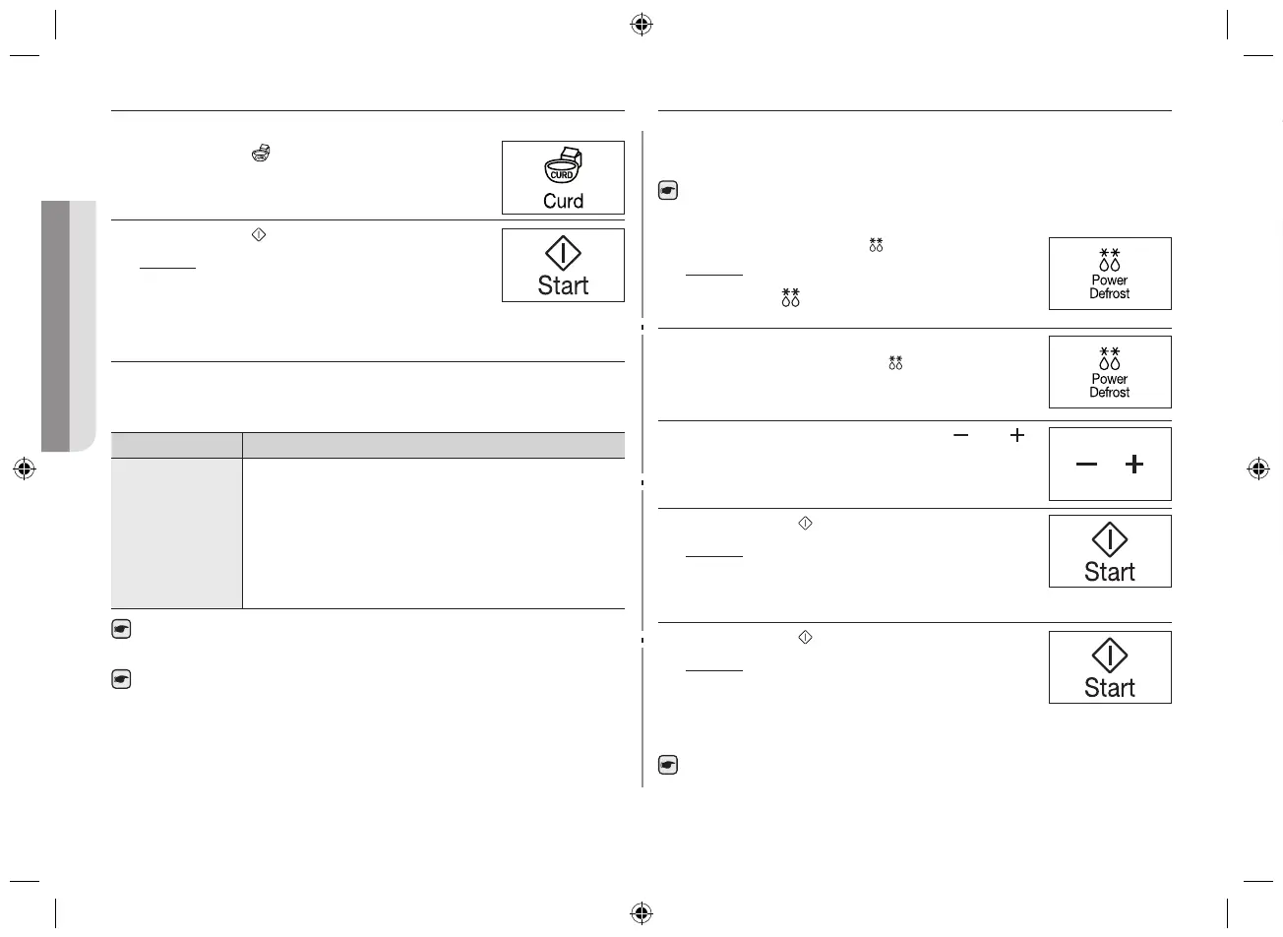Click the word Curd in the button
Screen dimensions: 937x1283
click(x=563, y=201)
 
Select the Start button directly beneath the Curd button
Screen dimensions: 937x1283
click(x=563, y=266)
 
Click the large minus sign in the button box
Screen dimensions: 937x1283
click(x=1086, y=465)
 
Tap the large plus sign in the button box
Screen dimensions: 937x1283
click(x=1134, y=465)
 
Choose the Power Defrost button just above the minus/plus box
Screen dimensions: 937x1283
click(x=1110, y=372)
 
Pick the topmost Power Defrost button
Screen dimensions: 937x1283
click(x=1110, y=274)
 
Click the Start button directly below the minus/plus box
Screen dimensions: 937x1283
click(x=1110, y=551)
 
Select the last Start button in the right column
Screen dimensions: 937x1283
click(x=1110, y=667)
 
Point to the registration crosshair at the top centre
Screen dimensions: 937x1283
click(x=641, y=26)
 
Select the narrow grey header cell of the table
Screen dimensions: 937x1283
click(x=177, y=445)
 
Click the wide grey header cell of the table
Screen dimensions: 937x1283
click(x=433, y=445)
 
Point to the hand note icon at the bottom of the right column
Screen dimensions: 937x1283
click(x=668, y=765)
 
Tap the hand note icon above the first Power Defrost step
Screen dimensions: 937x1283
click(x=668, y=192)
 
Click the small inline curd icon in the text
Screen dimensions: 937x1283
click(x=261, y=153)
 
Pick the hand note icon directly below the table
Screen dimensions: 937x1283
click(x=121, y=630)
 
